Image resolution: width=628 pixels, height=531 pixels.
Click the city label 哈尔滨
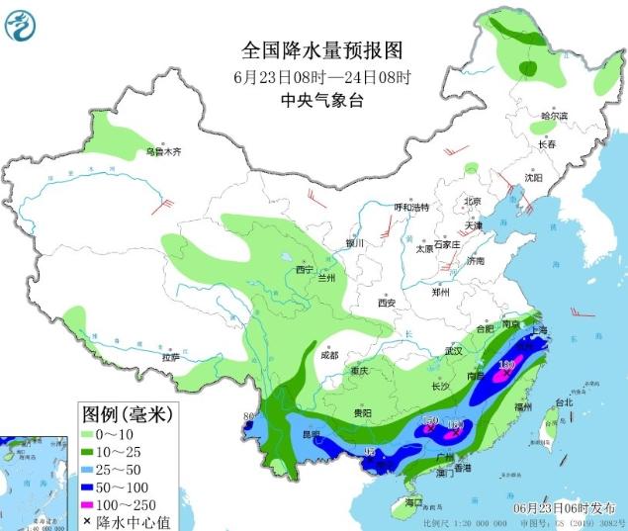pos(554,116)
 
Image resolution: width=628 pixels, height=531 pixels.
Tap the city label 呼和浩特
pos(411,208)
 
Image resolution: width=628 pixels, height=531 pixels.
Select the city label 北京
pos(472,202)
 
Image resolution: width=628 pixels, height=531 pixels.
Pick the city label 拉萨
pos(171,356)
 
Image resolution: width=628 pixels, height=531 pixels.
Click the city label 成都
pos(328,355)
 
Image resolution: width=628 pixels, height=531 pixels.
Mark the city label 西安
pos(386,303)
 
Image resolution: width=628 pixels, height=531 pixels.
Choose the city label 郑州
pos(441,293)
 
